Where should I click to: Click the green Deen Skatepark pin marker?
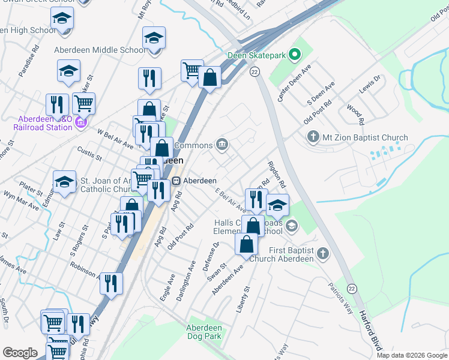point(294,56)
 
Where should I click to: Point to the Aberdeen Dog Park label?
point(204,332)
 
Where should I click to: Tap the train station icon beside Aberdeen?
point(176,181)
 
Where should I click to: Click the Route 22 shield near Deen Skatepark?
point(255,72)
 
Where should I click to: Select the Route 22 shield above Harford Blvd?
point(352,289)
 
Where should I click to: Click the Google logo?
point(20,353)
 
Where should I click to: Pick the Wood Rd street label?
point(355,114)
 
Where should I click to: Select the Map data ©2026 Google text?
point(412,355)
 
